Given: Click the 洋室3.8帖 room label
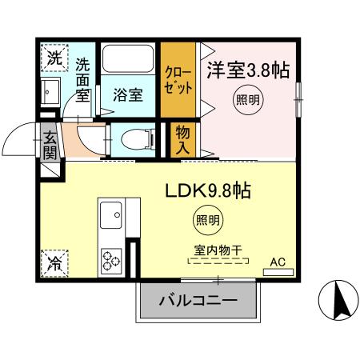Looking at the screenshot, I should click(249, 70).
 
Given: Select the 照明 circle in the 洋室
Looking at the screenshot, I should click(247, 101).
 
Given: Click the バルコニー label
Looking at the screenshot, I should click(198, 302).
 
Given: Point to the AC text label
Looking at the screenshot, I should click(278, 261).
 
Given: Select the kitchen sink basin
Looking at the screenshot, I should click(110, 214).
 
